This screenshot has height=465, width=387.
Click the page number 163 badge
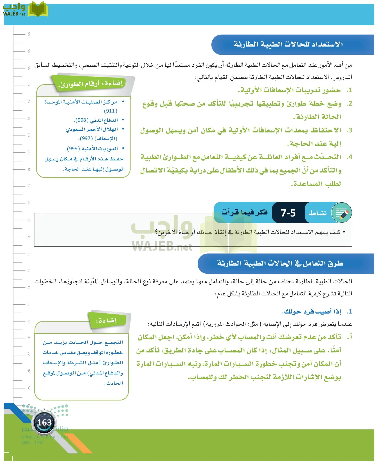tap(44, 423)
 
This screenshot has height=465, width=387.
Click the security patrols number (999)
tap(73, 149)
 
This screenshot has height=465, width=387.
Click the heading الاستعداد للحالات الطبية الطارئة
tap(288, 44)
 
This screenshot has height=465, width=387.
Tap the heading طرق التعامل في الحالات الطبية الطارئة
tap(280, 263)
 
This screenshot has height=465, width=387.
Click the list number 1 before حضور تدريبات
tap(349, 90)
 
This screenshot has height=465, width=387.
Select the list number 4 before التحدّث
tap(349, 157)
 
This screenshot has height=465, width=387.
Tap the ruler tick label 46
tap(29, 34)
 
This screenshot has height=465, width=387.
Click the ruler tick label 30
tap(29, 304)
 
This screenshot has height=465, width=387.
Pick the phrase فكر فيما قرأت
tap(244, 212)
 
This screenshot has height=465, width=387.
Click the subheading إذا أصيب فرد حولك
tap(311, 312)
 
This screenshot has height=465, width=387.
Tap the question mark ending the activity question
tap(156, 233)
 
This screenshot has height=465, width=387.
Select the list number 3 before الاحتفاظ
tap(349, 130)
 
